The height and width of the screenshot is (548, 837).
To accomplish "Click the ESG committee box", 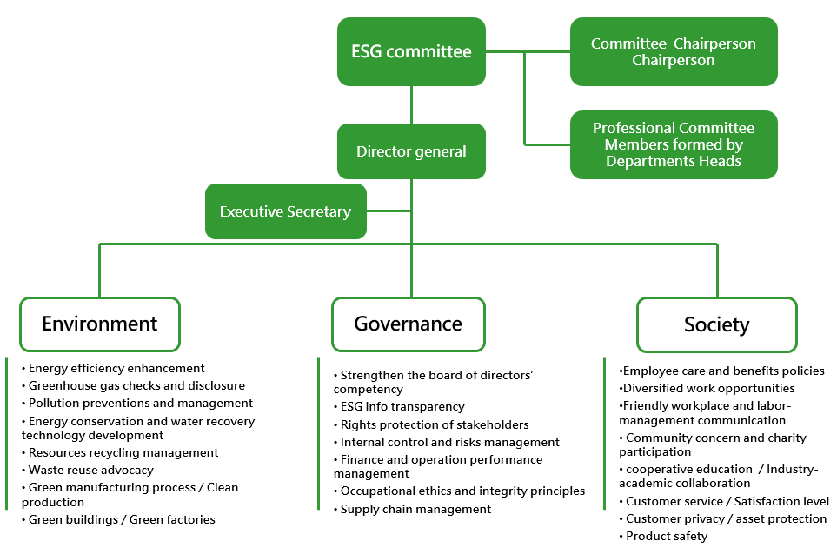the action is point(411,51).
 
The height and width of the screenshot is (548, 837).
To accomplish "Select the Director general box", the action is point(411,151).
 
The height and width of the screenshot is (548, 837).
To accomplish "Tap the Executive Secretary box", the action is point(286,211).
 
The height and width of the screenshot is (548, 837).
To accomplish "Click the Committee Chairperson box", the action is point(674,51).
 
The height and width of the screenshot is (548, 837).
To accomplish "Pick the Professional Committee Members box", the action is point(674,144).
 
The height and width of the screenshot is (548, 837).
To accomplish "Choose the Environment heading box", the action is point(100,324).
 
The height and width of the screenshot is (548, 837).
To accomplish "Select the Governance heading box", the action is point(409,324).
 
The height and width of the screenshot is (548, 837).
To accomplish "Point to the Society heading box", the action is point(717,324).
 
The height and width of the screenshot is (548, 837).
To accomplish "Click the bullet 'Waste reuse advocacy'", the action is point(88,470).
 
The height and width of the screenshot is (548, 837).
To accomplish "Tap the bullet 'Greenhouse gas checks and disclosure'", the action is point(134,385).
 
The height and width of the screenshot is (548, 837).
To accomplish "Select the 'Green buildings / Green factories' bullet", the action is point(118,519).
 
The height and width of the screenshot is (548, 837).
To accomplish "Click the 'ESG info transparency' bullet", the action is point(399,406).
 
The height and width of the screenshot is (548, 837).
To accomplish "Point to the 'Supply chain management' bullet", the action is point(413,509).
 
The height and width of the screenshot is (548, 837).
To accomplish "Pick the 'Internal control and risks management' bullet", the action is point(447,442).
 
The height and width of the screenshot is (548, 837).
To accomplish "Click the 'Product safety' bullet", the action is point(663,536).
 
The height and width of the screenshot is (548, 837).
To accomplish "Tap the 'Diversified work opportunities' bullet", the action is point(707,388).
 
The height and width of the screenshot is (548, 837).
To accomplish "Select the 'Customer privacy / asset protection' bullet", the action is point(723,518).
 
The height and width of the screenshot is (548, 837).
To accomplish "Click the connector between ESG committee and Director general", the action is point(411,104).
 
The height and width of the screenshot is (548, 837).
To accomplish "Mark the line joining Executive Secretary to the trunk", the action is point(389,211).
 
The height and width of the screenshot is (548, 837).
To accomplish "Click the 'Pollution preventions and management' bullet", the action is point(137,403).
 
